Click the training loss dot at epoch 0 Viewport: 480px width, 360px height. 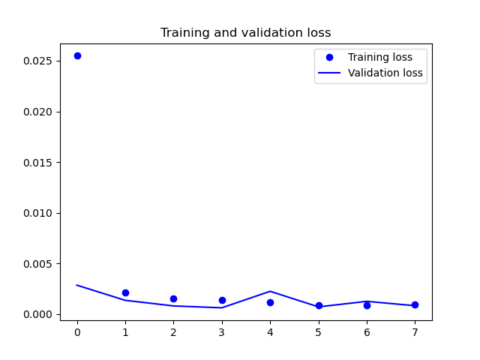pyautogui.click(x=77, y=56)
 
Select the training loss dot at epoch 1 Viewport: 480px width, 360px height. pyautogui.click(x=125, y=293)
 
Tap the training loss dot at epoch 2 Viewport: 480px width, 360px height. pyautogui.click(x=173, y=298)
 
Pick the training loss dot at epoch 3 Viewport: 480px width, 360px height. pyautogui.click(x=222, y=300)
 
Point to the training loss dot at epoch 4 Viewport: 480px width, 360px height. pyautogui.click(x=270, y=303)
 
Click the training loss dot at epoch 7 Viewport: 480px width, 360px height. pyautogui.click(x=415, y=305)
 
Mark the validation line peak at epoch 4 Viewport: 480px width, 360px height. pyautogui.click(x=270, y=291)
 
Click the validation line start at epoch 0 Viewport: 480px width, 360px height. pyautogui.click(x=76, y=285)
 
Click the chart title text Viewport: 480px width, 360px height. pyautogui.click(x=246, y=32)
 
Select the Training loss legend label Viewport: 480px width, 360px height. pyautogui.click(x=380, y=57)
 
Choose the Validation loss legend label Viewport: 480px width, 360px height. pyautogui.click(x=385, y=73)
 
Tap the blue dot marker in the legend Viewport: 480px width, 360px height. pyautogui.click(x=329, y=57)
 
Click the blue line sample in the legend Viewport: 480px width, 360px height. pyautogui.click(x=329, y=73)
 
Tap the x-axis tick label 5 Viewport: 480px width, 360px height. pyautogui.click(x=318, y=332)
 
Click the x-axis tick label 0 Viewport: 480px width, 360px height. pyautogui.click(x=77, y=332)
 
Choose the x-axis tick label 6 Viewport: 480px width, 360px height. pyautogui.click(x=367, y=332)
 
